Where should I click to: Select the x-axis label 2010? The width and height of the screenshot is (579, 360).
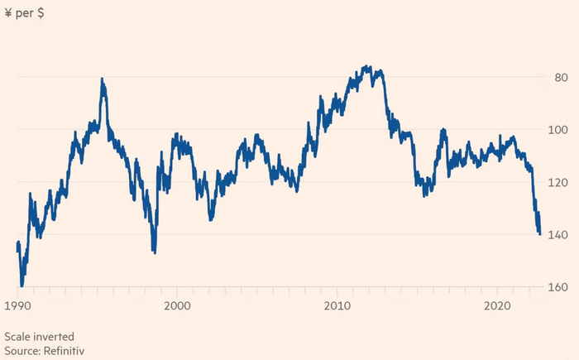coord(337,305)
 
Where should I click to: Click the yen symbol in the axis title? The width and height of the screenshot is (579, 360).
coord(8,13)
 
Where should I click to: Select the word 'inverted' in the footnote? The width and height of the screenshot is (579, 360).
coord(55,337)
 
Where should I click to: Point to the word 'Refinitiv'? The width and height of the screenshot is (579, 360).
coord(65,351)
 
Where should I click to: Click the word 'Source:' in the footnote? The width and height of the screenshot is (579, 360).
coord(24,351)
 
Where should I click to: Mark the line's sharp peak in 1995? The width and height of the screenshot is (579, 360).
coord(102,79)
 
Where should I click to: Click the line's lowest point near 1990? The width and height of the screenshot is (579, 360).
coord(22,285)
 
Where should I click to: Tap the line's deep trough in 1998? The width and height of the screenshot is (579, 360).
coord(154,252)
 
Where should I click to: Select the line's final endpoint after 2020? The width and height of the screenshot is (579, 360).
coord(539,233)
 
